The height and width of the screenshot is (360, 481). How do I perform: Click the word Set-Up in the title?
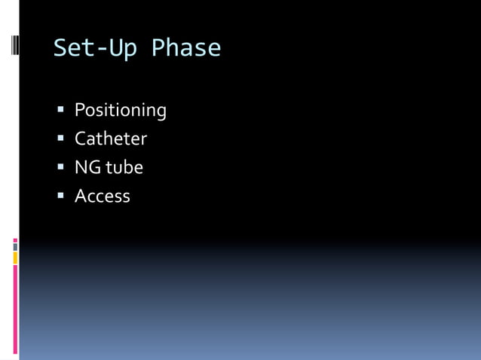pyautogui.click(x=95, y=49)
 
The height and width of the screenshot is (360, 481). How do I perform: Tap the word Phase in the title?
pyautogui.click(x=186, y=49)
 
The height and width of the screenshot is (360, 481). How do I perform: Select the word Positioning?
pyautogui.click(x=120, y=111)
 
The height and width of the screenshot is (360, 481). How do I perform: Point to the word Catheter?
pyautogui.click(x=110, y=139)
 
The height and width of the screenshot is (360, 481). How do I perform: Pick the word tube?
pyautogui.click(x=124, y=168)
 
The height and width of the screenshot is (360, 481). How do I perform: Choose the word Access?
pyautogui.click(x=102, y=197)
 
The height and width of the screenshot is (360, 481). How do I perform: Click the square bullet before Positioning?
pyautogui.click(x=61, y=111)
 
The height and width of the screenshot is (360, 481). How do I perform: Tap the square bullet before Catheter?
pyautogui.click(x=61, y=139)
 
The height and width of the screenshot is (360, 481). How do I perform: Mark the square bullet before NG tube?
pyautogui.click(x=61, y=168)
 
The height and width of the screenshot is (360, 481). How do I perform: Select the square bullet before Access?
pyautogui.click(x=61, y=197)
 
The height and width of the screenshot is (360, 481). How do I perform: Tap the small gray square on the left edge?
pyautogui.click(x=15, y=246)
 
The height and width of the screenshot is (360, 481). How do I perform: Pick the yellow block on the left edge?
pyautogui.click(x=15, y=258)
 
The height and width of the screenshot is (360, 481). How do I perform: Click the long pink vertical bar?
pyautogui.click(x=15, y=309)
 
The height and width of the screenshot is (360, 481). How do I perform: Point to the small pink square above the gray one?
pyautogui.click(x=15, y=240)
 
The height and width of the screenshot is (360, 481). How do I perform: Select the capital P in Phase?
pyautogui.click(x=158, y=49)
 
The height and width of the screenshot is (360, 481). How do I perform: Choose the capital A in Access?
pyautogui.click(x=80, y=197)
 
